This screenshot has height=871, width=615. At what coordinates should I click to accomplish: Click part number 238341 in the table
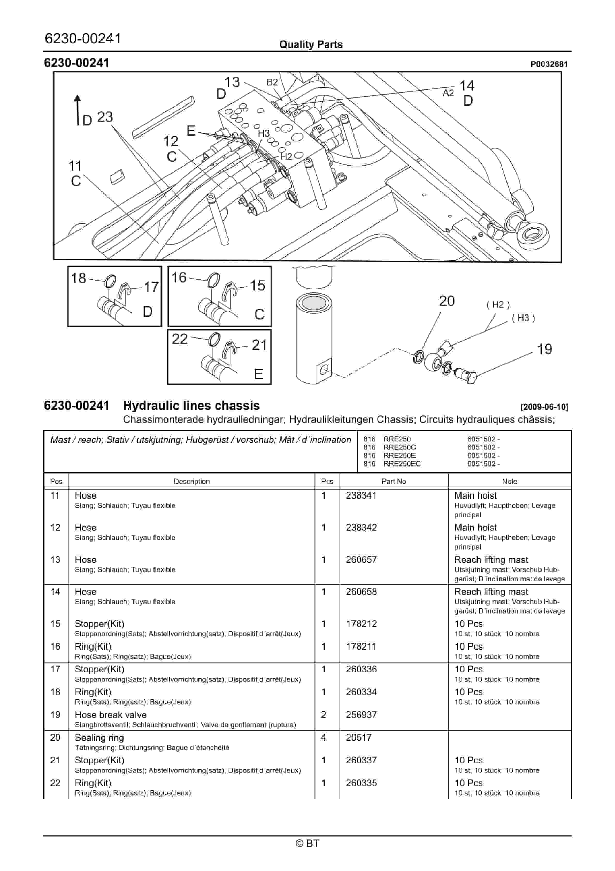pyautogui.click(x=361, y=495)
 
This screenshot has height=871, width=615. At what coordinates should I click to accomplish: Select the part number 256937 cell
pyautogui.click(x=361, y=715)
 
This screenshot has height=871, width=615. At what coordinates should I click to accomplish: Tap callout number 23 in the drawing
pyautogui.click(x=105, y=117)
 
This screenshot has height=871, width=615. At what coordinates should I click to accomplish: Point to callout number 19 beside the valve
pyautogui.click(x=544, y=349)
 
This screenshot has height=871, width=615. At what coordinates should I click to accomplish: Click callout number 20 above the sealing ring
pyautogui.click(x=447, y=301)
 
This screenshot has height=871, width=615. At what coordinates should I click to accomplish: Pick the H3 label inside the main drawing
pyautogui.click(x=264, y=133)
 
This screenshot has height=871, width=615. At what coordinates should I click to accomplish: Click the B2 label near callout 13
pyautogui.click(x=272, y=82)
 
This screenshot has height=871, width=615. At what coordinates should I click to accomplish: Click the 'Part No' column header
pyautogui.click(x=394, y=481)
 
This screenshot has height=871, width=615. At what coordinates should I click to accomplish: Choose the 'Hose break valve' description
pyautogui.click(x=110, y=715)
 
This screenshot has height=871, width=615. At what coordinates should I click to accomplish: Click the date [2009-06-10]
pyautogui.click(x=544, y=407)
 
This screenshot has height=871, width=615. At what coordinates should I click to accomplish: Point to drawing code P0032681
pyautogui.click(x=549, y=64)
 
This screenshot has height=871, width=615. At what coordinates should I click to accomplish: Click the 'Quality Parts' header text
pyautogui.click(x=311, y=44)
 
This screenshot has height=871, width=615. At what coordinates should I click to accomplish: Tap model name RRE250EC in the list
pyautogui.click(x=402, y=464)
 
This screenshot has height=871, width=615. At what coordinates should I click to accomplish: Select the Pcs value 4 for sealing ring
pyautogui.click(x=324, y=738)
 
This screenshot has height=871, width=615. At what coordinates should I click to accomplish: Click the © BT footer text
pyautogui.click(x=308, y=843)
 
